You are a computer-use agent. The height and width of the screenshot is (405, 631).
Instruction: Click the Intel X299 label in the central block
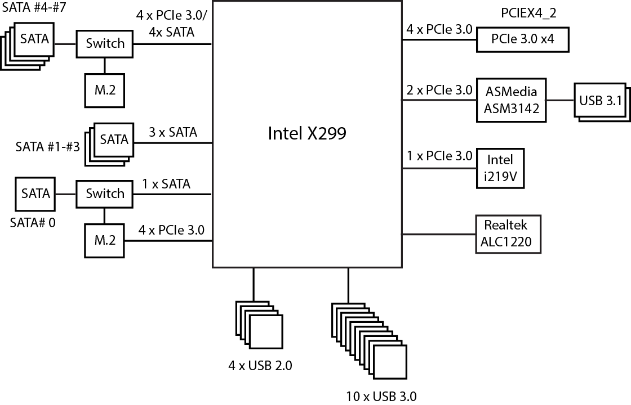click(306, 133)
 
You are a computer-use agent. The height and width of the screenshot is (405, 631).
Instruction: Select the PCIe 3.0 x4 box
click(522, 40)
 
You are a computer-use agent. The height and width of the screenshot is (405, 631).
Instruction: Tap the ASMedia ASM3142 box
click(511, 100)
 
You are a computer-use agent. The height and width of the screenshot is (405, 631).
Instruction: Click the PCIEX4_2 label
click(528, 14)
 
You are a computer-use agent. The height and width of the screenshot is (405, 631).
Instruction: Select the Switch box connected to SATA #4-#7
click(104, 43)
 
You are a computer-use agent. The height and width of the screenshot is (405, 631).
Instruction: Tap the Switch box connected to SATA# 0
click(104, 194)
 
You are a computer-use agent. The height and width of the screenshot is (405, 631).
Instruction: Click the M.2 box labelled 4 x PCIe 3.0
click(104, 241)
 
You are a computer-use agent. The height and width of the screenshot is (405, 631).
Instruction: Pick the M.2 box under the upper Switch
click(104, 90)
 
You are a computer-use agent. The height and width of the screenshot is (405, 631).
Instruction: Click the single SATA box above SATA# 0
click(35, 194)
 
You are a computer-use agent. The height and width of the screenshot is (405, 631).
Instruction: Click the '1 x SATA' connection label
click(166, 184)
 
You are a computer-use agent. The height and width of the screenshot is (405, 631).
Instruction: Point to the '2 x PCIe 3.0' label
click(439, 90)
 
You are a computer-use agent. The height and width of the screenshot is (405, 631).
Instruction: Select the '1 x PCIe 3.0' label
click(439, 156)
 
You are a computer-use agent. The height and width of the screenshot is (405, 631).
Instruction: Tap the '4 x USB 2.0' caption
click(260, 366)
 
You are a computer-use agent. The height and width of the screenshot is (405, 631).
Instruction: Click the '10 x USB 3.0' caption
click(381, 396)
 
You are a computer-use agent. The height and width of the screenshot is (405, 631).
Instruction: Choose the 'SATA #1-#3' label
click(46, 147)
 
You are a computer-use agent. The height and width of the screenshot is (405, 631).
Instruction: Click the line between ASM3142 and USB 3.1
click(560, 100)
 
